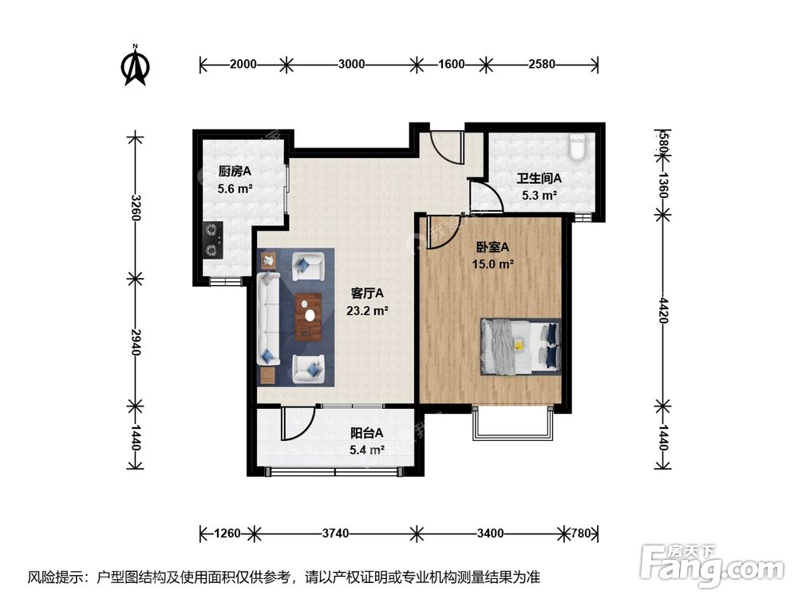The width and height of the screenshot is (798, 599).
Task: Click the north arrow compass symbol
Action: pyautogui.click(x=136, y=65)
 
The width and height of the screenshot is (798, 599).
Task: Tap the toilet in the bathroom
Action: pyautogui.click(x=577, y=146)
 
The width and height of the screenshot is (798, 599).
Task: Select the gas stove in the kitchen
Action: pyautogui.click(x=212, y=240)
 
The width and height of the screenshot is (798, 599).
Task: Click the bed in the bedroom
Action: pyautogui.click(x=520, y=347)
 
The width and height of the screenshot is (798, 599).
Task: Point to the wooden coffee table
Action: pyautogui.click(x=308, y=316)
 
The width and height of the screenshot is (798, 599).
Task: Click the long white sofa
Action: pyautogui.click(x=268, y=319)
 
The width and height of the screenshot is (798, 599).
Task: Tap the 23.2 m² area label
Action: pyautogui.click(x=367, y=310)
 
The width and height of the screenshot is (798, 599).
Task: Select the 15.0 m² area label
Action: pyautogui.click(x=492, y=264)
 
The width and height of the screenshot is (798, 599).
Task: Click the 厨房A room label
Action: pyautogui.click(x=235, y=171)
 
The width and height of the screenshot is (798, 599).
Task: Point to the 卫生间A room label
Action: pyautogui.click(x=539, y=178)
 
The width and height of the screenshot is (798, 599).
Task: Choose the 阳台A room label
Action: pyautogui.click(x=366, y=433)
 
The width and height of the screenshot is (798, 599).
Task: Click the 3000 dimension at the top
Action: pyautogui.click(x=352, y=64)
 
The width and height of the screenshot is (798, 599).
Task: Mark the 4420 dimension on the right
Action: pyautogui.click(x=662, y=310)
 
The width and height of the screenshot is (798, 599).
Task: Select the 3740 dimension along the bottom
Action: pyautogui.click(x=335, y=534)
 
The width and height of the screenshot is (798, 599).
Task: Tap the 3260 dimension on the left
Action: pyautogui.click(x=136, y=208)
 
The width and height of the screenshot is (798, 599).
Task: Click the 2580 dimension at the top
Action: pyautogui.click(x=542, y=64)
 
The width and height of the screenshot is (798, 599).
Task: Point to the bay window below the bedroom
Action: pyautogui.click(x=513, y=423)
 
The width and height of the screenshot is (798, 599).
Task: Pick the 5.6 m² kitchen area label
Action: pyautogui.click(x=235, y=188)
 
